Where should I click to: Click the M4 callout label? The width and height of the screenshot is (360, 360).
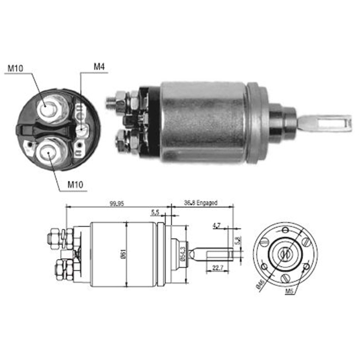(x=99, y=67)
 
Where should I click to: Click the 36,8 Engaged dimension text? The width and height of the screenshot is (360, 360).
(x=201, y=203)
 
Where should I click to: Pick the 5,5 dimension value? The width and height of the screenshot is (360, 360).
(x=155, y=212)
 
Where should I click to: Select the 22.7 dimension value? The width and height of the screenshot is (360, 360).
(x=216, y=267)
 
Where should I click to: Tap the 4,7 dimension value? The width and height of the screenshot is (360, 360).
(x=217, y=226)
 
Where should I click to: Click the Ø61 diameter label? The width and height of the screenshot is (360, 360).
(x=123, y=254)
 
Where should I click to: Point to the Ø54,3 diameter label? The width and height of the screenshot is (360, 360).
(x=183, y=253)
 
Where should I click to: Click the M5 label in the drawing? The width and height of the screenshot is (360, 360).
(x=289, y=291)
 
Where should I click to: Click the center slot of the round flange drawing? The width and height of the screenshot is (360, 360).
(x=284, y=254)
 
